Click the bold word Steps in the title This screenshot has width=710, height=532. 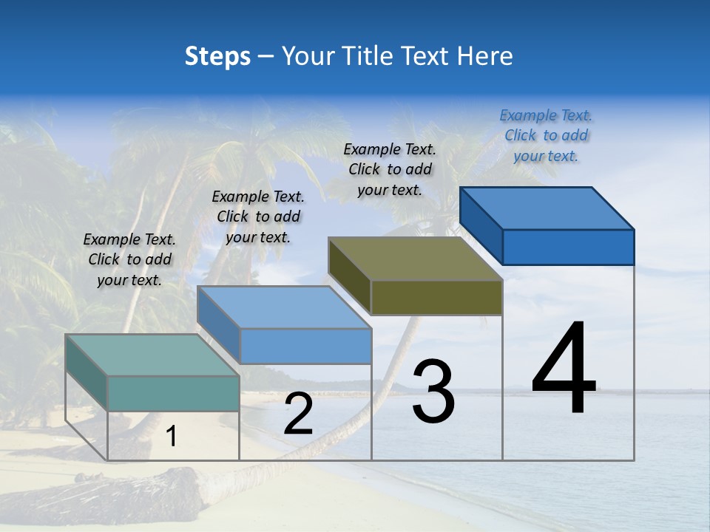point(217,56)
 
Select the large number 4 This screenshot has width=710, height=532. point(564,369)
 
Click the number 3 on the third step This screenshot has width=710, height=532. point(433,392)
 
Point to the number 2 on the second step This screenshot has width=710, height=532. point(298,415)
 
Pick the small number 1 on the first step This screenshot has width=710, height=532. point(171,437)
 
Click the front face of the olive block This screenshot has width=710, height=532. point(436,298)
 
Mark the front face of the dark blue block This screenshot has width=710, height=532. point(568,247)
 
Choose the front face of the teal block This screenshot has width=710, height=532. point(173,393)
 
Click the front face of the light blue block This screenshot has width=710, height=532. point(305,346)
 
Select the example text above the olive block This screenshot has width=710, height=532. point(390,169)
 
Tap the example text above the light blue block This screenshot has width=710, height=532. point(258,216)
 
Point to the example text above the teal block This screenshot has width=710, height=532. point(129,259)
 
